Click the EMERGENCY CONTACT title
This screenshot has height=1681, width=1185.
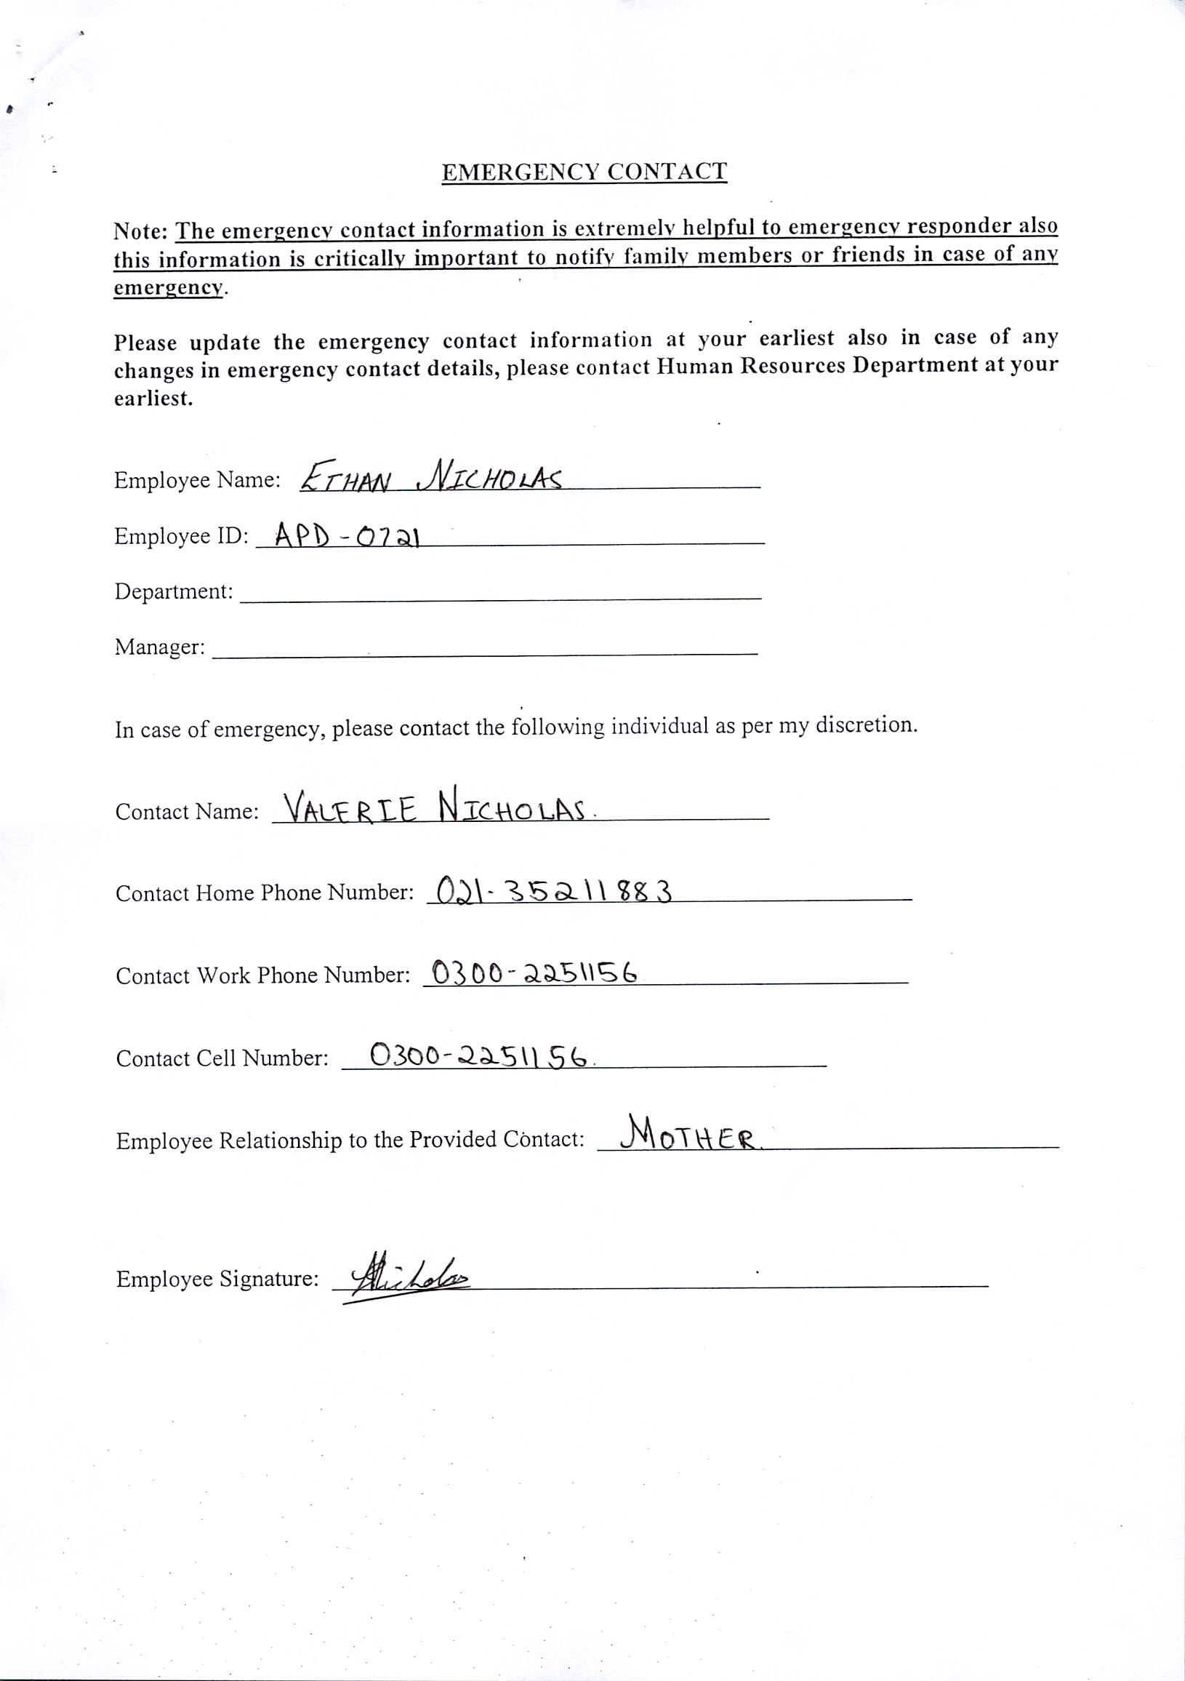point(584,172)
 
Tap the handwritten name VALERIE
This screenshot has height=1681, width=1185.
point(350,810)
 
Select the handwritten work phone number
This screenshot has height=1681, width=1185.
point(534,973)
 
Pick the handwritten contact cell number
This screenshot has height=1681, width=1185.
point(479,1055)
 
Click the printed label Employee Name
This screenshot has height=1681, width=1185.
point(197,481)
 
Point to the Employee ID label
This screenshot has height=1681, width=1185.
point(182,537)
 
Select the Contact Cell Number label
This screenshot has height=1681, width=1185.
point(222,1058)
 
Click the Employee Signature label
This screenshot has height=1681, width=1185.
point(217,1279)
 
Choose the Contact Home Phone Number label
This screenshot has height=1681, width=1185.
point(264,893)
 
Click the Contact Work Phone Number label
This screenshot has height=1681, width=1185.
point(262,976)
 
